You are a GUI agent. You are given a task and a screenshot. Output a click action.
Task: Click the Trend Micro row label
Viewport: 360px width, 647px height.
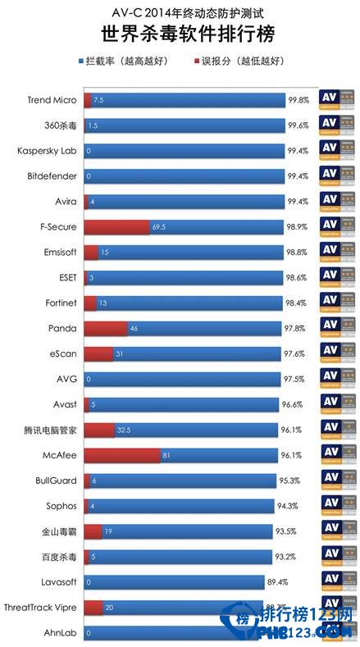coord(52,100)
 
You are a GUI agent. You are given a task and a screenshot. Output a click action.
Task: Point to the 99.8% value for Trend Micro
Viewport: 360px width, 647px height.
coord(298,100)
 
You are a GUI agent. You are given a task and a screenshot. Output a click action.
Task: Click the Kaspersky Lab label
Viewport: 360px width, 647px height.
coord(48,151)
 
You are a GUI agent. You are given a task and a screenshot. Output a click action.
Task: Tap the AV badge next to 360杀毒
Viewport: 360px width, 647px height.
coord(339,125)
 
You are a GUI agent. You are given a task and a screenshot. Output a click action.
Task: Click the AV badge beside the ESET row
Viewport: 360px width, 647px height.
coord(339,277)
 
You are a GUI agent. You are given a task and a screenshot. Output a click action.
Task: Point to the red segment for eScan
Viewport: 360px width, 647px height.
coord(98,353)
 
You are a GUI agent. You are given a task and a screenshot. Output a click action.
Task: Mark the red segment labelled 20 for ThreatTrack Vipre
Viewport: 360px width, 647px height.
coord(93,608)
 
